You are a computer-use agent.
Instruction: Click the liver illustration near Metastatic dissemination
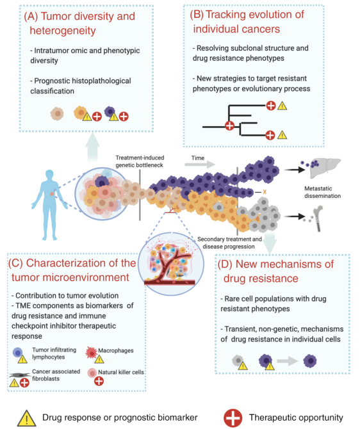click(325, 167)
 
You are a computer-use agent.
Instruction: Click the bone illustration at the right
click(318, 218)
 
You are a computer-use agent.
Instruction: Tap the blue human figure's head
click(49, 175)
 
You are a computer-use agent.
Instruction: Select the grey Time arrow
click(200, 164)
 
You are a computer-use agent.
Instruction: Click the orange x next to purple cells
click(265, 192)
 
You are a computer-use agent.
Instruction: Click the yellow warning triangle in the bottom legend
click(26, 418)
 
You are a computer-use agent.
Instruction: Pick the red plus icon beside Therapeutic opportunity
click(233, 418)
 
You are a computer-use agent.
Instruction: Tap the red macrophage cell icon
click(92, 353)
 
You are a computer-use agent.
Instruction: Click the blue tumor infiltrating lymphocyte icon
click(18, 353)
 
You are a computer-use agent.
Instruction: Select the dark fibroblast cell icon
click(20, 375)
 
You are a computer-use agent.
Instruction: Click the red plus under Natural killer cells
click(99, 381)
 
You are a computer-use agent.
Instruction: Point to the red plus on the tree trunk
click(229, 126)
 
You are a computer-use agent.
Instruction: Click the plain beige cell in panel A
click(57, 113)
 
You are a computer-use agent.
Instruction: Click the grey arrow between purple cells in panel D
click(288, 361)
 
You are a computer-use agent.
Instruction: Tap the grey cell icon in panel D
click(238, 360)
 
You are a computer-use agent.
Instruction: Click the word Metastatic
click(318, 188)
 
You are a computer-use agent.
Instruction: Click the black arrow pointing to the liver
click(295, 170)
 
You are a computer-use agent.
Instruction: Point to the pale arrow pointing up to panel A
click(92, 147)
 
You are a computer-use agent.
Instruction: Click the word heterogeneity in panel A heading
click(63, 31)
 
